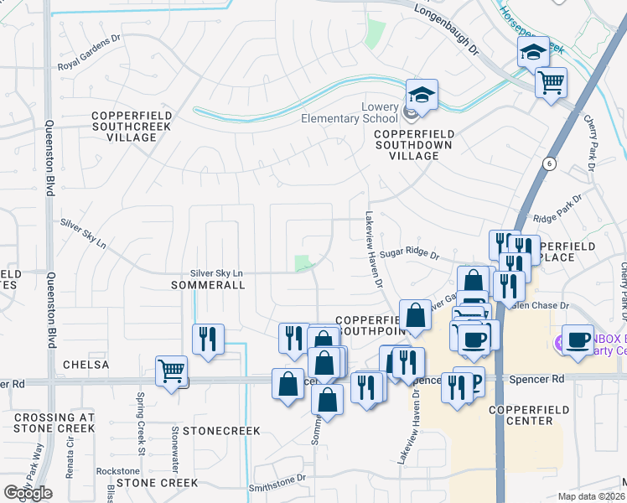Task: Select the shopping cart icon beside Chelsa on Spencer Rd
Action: coord(171,371)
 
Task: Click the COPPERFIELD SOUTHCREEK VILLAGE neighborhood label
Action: coord(132,126)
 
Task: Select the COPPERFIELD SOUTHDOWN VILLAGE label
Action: coord(414,144)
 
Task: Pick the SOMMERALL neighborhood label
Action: coord(207,285)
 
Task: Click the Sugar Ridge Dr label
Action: coord(409,251)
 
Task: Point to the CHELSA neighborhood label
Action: coord(85,365)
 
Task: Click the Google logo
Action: coord(28,492)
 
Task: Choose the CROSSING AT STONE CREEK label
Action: coord(54,423)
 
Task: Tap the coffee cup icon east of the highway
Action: coord(578,340)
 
